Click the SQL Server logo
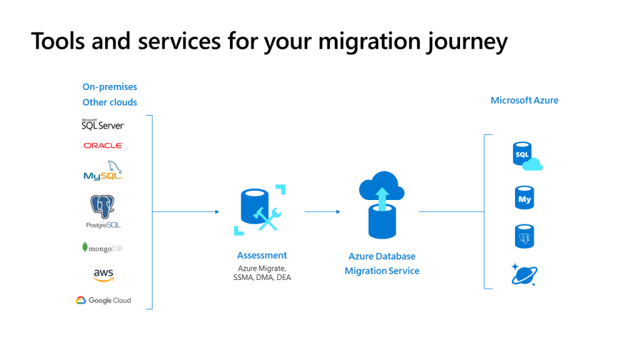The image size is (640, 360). tap(103, 124)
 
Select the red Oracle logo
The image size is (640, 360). tap(103, 145)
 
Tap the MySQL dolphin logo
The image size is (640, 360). tap(103, 171)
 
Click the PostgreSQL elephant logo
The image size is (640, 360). tap(103, 211)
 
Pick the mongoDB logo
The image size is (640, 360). tap(103, 247)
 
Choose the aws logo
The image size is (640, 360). tap(104, 275)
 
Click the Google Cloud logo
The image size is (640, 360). tap(103, 301)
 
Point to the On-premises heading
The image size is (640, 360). tap(110, 87)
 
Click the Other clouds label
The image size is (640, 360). tap(110, 102)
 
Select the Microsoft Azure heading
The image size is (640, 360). tap(524, 101)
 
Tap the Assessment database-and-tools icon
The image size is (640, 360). tap(259, 210)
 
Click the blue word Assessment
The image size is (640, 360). tap(262, 256)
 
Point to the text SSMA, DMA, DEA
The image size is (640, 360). tap(262, 277)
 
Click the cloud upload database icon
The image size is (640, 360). tap(382, 205)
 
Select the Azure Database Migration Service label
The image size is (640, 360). tap(382, 264)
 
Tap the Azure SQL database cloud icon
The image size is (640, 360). tap(527, 156)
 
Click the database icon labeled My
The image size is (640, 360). tap(524, 197)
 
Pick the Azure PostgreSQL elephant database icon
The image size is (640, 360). tap(524, 236)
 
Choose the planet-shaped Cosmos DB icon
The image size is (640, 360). tap(524, 275)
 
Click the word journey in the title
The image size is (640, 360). tap(467, 42)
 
